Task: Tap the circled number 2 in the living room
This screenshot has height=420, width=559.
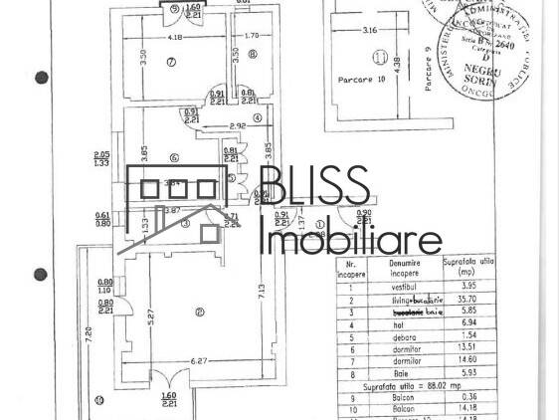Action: (200, 312)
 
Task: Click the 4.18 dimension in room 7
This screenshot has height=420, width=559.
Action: (175, 38)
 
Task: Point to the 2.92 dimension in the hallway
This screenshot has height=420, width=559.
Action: (237, 125)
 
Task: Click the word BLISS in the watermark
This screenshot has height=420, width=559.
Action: (314, 189)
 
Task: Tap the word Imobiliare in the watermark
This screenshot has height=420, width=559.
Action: (350, 240)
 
